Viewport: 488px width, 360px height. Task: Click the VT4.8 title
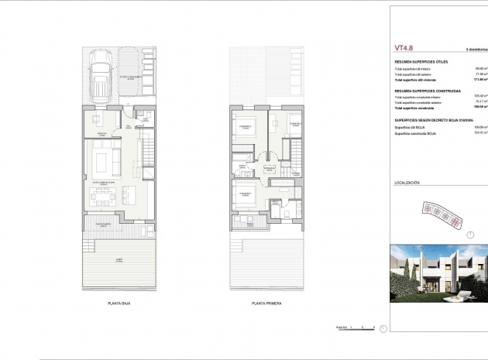(401, 47)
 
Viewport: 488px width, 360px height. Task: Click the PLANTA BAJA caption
(119, 303)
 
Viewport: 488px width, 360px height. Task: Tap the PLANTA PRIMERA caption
(264, 303)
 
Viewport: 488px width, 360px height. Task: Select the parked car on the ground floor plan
(101, 73)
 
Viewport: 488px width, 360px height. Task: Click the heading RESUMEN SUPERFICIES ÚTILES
(421, 61)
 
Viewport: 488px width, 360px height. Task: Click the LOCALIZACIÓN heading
(407, 183)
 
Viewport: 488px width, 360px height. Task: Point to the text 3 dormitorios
(476, 48)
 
